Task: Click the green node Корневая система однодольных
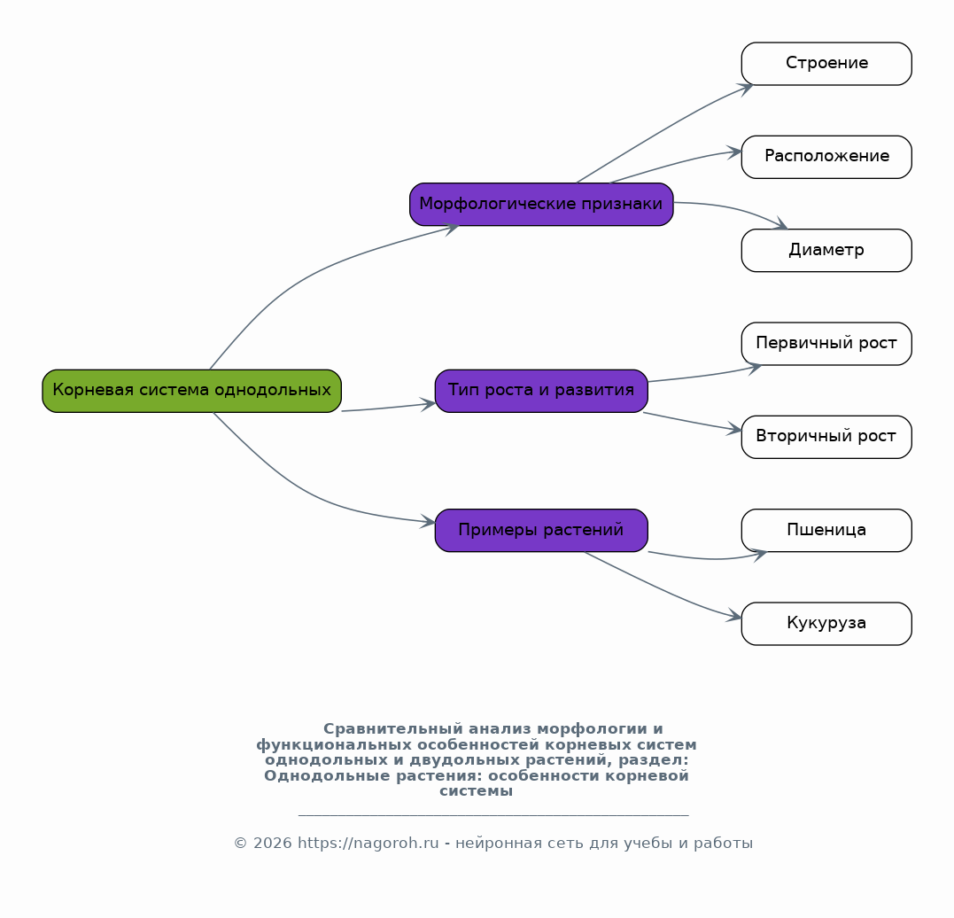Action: (x=191, y=391)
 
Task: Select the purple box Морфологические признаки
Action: (x=541, y=205)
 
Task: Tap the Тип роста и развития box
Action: (x=541, y=391)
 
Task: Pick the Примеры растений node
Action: (x=541, y=531)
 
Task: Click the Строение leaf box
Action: (x=826, y=64)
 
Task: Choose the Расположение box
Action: (x=826, y=157)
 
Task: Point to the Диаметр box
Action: (x=826, y=250)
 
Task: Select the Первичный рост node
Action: (x=826, y=344)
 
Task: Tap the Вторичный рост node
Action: (x=826, y=437)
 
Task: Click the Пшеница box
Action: (x=826, y=531)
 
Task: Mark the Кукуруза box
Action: (x=826, y=624)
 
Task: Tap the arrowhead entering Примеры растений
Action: (x=429, y=522)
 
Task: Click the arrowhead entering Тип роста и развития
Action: (x=429, y=404)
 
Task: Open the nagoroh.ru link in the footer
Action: (x=368, y=843)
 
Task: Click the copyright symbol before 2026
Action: (x=240, y=843)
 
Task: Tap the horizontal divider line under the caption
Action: (x=493, y=814)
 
